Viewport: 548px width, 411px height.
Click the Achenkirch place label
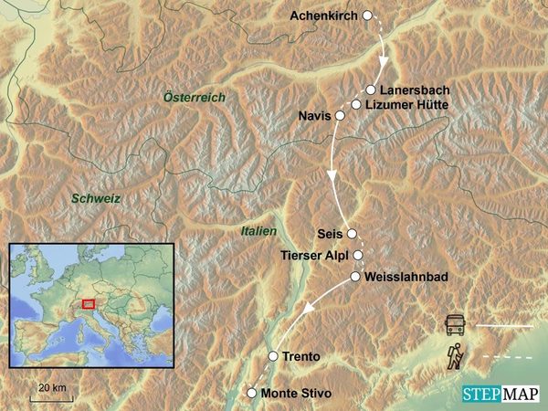coord(324,16)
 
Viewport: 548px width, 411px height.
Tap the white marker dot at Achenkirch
coord(367,16)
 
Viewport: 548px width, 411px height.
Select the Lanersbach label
coord(415,90)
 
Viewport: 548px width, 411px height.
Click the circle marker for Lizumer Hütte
coord(356,104)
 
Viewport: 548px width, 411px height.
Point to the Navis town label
coord(314,116)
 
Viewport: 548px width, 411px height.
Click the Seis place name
coord(329,233)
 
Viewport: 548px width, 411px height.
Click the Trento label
coord(303,355)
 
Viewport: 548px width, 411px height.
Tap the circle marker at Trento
coord(272,355)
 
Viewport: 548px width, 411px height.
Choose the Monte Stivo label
coord(296,394)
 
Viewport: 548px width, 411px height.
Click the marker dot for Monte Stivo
coord(252,394)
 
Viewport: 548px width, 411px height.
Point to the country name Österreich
coord(194,97)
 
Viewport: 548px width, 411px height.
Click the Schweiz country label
coord(98,198)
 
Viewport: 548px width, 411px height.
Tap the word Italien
coord(258,232)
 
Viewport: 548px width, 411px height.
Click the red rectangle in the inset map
coord(89,304)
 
